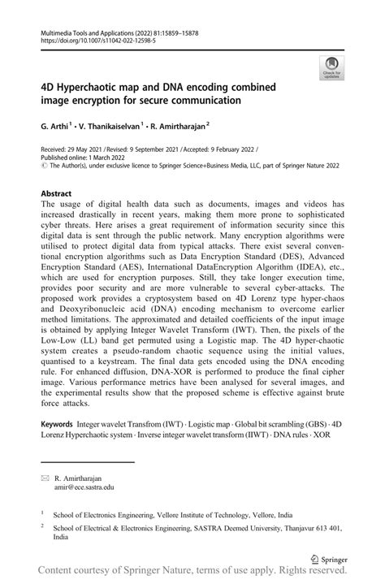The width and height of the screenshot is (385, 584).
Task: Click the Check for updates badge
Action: point(331,68)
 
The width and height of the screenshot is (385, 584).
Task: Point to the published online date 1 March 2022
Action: point(103,159)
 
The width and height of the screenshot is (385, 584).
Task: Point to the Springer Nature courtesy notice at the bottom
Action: point(192,573)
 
